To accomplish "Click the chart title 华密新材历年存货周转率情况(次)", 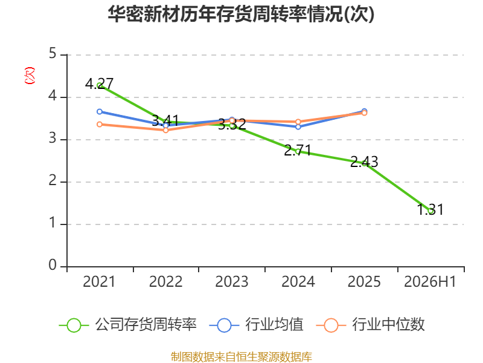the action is (x=241, y=14).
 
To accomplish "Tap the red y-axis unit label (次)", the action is (x=30, y=76).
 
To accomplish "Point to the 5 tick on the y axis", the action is (x=53, y=54).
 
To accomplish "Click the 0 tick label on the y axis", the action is (x=53, y=265).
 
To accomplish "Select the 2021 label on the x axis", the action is (x=99, y=282).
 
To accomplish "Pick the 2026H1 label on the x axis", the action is (x=430, y=282).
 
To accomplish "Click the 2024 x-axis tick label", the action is (x=298, y=282).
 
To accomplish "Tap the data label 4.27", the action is (x=99, y=83).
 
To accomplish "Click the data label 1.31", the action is (x=430, y=209).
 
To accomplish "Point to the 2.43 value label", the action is (x=364, y=162).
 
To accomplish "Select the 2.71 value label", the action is (x=298, y=150).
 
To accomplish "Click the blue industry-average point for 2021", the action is (x=100, y=112).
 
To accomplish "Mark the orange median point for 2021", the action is (x=100, y=125).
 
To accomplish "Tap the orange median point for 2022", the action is (x=165, y=130).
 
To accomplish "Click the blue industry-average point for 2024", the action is (x=298, y=127).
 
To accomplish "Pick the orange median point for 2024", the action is (x=298, y=122).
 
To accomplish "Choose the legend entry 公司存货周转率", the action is (x=127, y=325).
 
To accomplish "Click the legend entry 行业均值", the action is (x=256, y=325).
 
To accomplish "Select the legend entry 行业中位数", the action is (x=370, y=325).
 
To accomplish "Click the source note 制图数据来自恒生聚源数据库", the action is (x=241, y=357).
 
